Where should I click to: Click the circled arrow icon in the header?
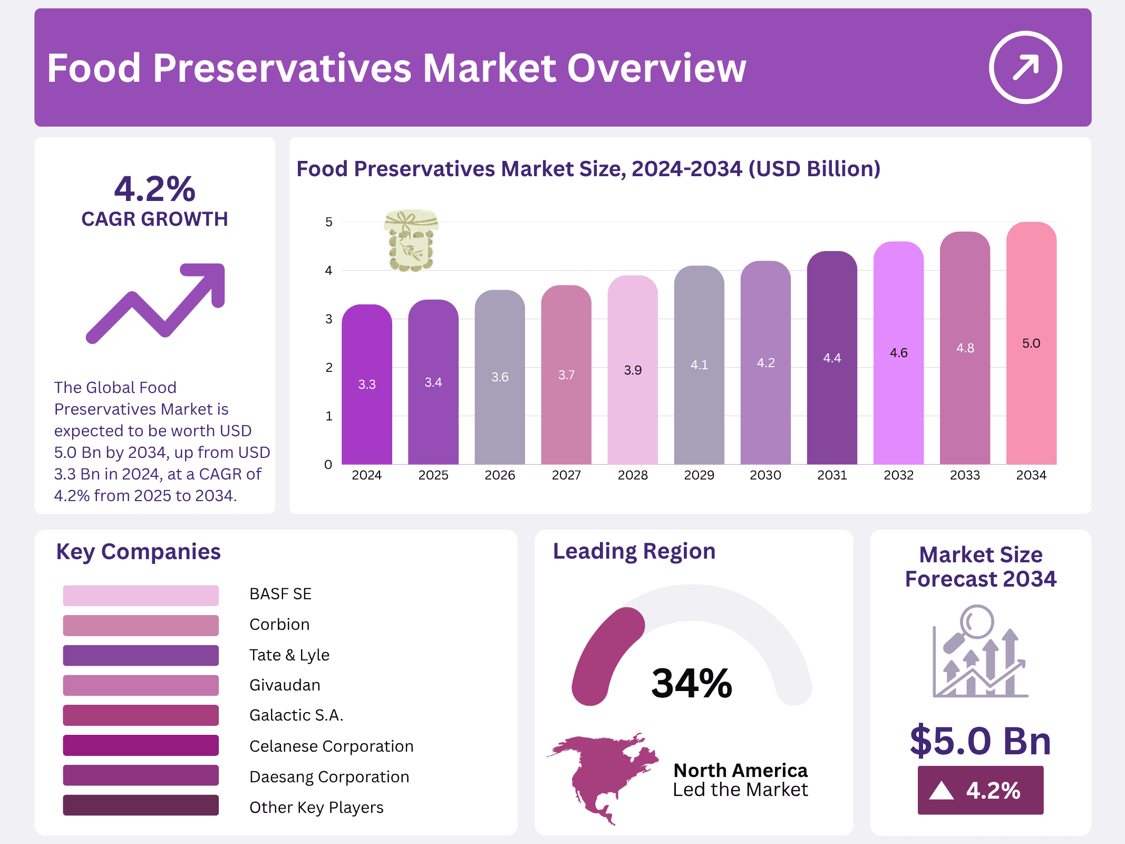1025,68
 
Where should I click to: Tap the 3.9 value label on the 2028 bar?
633,370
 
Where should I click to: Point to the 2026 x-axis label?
500,475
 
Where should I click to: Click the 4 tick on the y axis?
329,271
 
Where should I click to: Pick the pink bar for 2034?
1031,396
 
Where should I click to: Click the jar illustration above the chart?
411,241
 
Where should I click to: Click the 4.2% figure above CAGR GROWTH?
154,189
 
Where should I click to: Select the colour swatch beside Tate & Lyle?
141,655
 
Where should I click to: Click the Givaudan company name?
285,685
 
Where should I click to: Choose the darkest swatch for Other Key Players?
141,805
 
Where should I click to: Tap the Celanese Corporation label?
331,746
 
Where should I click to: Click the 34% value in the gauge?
692,683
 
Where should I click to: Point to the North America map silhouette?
601,775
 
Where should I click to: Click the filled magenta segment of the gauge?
601,654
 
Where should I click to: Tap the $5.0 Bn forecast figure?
981,741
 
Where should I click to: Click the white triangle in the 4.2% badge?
942,791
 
